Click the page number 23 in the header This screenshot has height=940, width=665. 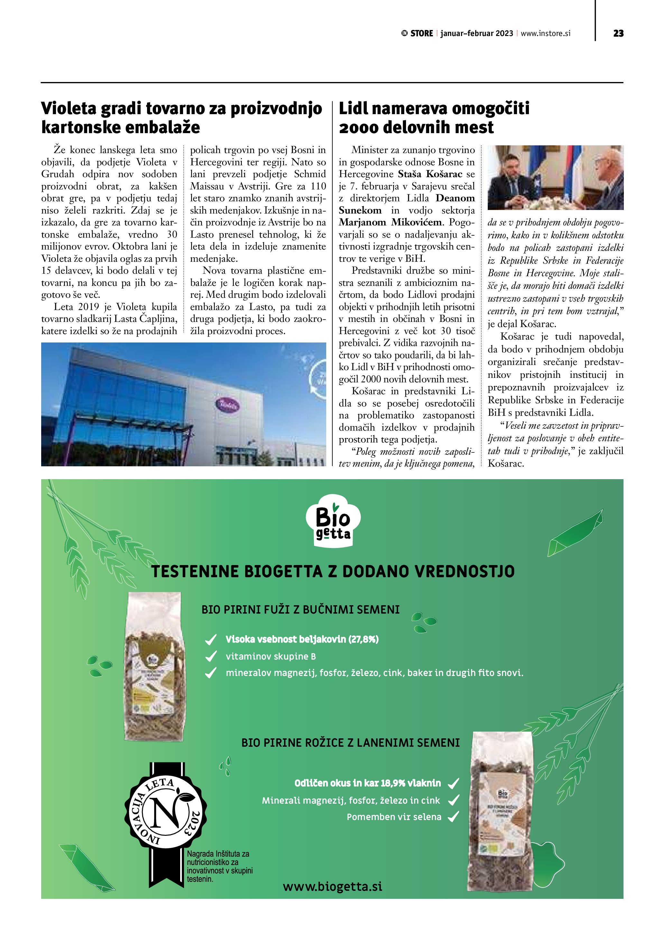618,33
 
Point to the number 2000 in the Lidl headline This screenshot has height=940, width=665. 359,128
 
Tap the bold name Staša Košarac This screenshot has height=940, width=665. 430,174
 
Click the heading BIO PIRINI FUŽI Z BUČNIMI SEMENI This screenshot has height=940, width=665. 300,610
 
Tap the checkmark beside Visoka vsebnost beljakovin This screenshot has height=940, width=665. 210,640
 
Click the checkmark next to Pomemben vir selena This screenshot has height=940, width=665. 453,817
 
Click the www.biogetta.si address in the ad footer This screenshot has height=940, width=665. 333,886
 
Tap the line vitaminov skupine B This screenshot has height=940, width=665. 271,657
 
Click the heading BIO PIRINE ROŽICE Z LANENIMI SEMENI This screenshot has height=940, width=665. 351,743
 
